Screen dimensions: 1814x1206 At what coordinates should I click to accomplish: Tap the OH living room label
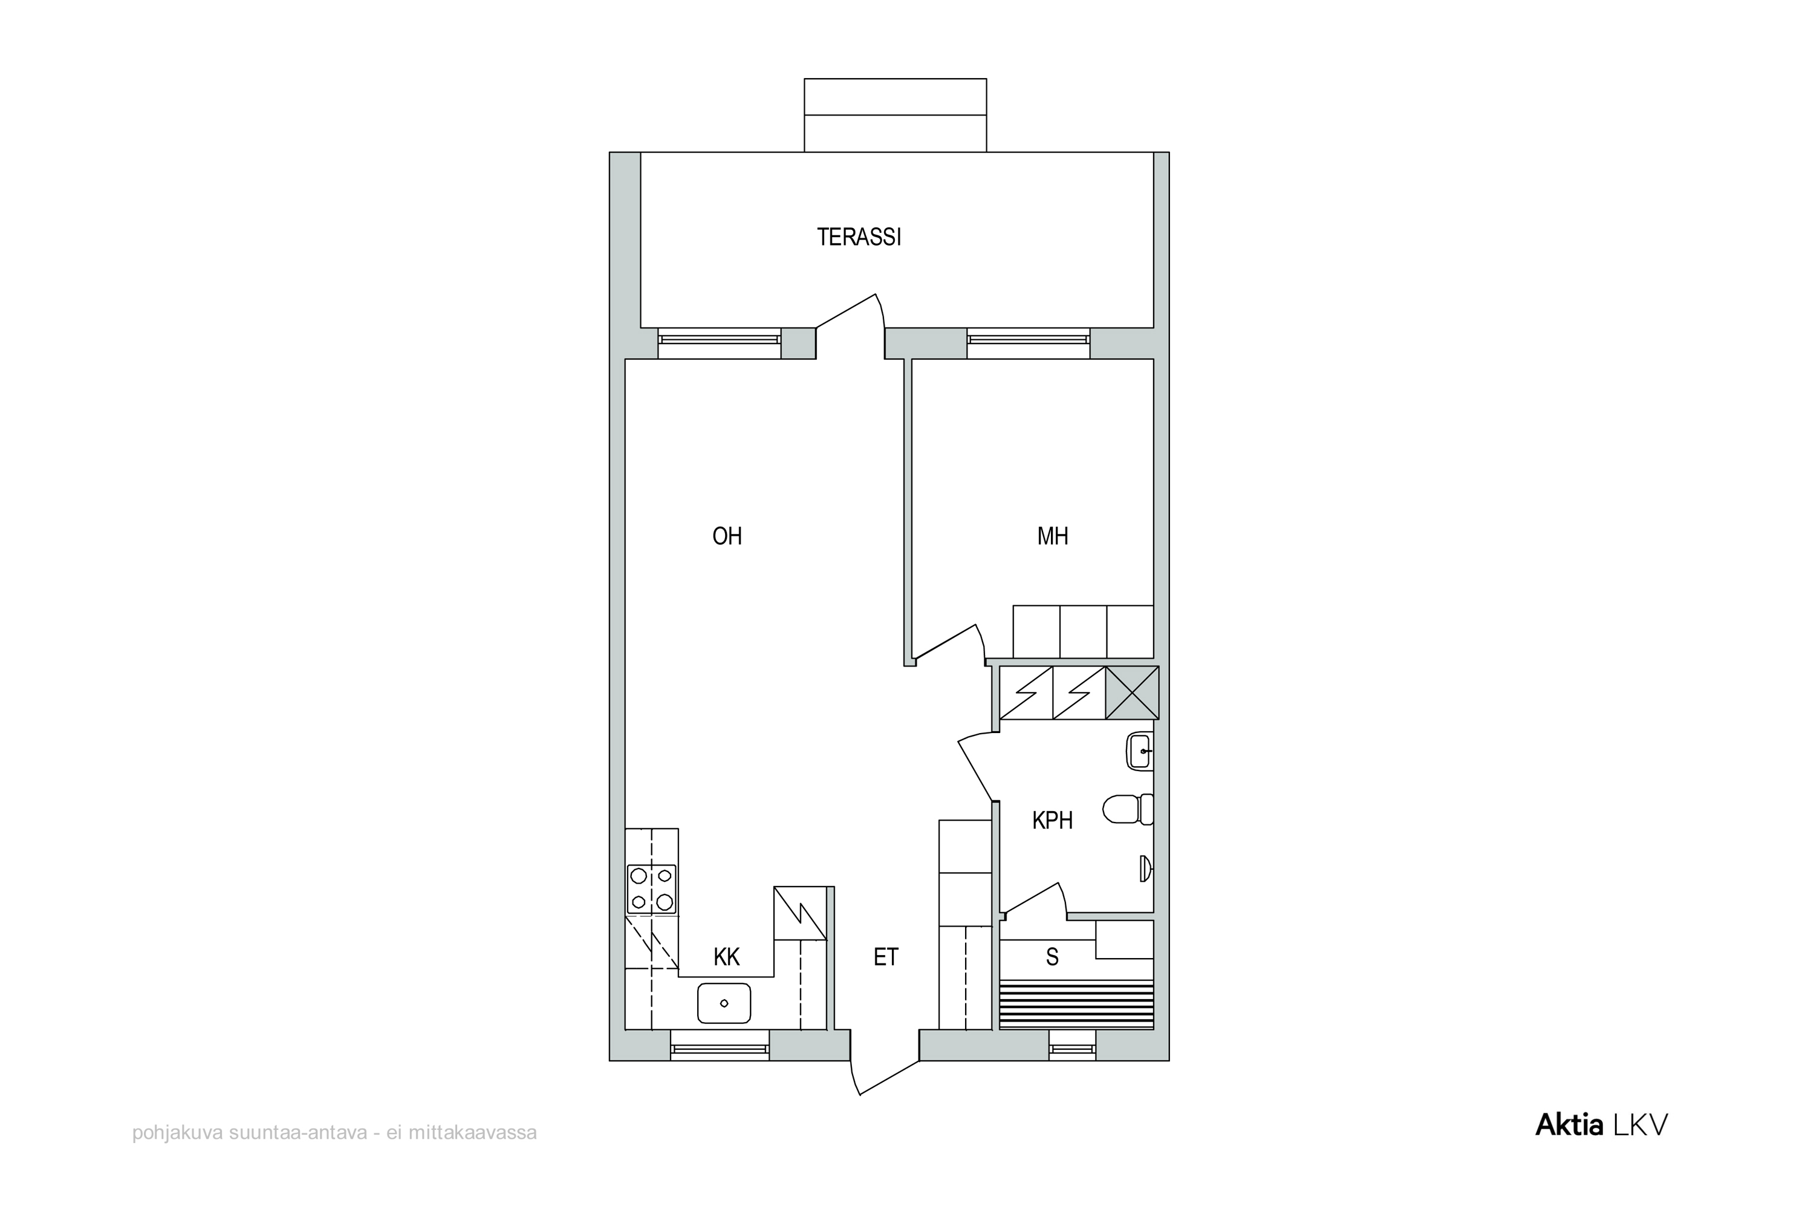click(727, 536)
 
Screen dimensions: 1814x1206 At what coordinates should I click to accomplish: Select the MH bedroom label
click(1052, 536)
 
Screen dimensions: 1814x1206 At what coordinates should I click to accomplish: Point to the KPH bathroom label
click(1052, 821)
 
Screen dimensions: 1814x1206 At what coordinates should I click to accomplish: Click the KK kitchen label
click(726, 957)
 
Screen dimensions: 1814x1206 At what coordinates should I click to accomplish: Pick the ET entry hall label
click(886, 957)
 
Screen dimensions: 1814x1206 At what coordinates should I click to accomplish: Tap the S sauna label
click(1052, 957)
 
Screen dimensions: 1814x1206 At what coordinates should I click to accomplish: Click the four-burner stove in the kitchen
click(651, 889)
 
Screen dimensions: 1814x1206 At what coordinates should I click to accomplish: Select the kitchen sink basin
click(724, 1003)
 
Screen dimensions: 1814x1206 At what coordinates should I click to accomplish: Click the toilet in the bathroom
click(1127, 809)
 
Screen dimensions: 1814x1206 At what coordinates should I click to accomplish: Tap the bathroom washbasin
click(1140, 751)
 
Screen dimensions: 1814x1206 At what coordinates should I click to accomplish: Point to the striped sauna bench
click(1076, 1005)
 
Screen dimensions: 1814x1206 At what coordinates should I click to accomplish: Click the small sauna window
click(1072, 1048)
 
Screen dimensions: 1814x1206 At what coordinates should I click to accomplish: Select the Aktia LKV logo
click(1601, 1124)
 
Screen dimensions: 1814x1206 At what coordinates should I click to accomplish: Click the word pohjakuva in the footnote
click(178, 1133)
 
